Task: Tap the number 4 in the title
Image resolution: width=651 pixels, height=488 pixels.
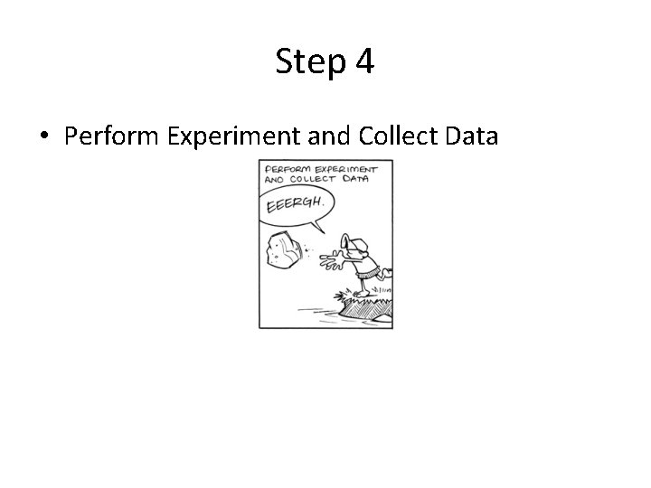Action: pyautogui.click(x=365, y=61)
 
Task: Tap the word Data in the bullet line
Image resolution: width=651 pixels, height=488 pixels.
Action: pyautogui.click(x=470, y=136)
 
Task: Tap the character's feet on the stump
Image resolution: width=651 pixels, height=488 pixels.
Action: pyautogui.click(x=362, y=293)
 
